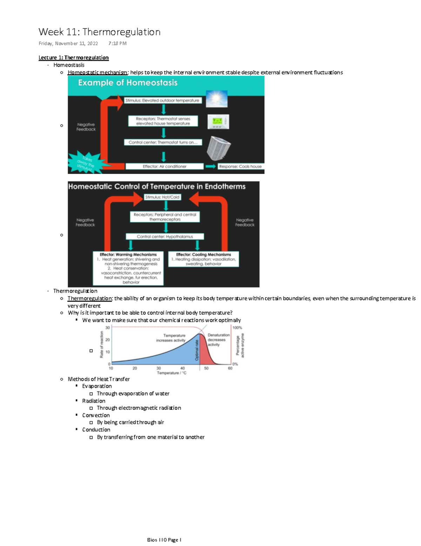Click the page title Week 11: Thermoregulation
[99, 32]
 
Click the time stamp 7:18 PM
[117, 44]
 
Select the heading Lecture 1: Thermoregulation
[73, 58]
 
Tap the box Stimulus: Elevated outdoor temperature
[162, 100]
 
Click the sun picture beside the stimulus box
[216, 99]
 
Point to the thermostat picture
[218, 122]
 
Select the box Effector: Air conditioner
[165, 166]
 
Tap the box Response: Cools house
[240, 166]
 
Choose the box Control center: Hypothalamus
[165, 237]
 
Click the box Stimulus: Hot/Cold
[162, 197]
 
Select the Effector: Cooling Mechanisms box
[203, 259]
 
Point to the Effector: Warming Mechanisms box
[128, 268]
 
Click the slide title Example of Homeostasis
[128, 83]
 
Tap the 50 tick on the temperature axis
[206, 368]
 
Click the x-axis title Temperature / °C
[172, 373]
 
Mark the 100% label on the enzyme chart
[237, 328]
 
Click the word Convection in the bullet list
[96, 415]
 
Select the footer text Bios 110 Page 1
[164, 540]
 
